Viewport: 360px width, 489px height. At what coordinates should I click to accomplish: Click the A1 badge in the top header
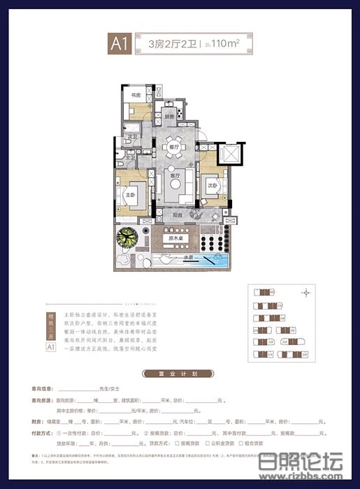click(117, 43)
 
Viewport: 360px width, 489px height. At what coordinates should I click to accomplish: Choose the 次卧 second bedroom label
click(212, 186)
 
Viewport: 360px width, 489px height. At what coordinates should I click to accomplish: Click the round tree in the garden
click(127, 241)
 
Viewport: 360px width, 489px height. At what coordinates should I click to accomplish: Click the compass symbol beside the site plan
click(305, 293)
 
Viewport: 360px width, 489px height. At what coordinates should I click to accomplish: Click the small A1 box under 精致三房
click(50, 346)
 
